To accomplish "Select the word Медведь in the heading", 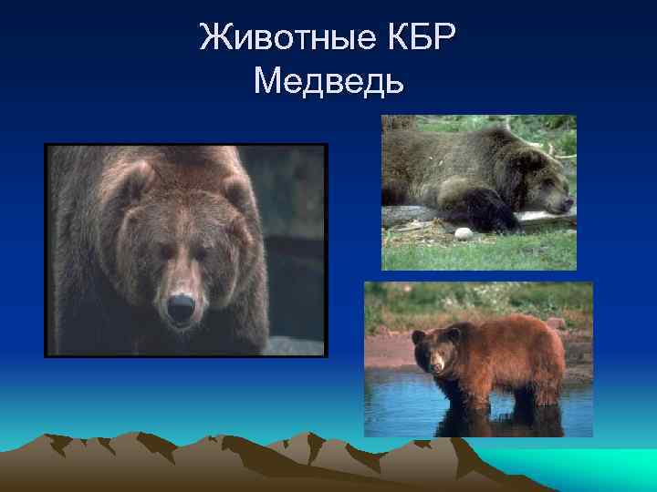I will coord(328,83).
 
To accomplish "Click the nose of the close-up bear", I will coord(180,305).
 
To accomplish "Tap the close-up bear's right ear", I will coord(236,190).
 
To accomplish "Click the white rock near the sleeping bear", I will coord(463,233).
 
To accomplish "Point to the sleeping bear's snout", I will coord(561,202).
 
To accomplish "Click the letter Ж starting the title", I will coord(212,39).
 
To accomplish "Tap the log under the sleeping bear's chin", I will coord(547,219).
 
